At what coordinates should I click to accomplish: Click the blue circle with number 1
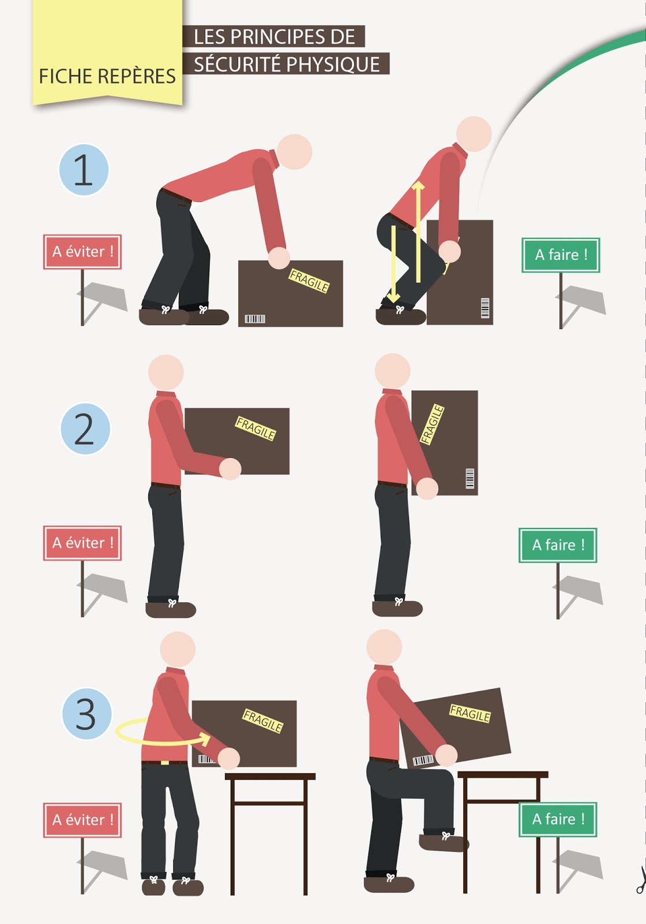[84, 170]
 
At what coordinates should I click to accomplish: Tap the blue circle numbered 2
[85, 429]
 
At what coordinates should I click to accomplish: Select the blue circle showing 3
[87, 713]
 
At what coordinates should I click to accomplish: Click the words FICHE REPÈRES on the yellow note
[107, 76]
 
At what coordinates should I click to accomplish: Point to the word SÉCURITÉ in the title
[237, 64]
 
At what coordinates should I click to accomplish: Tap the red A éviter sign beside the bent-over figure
[82, 252]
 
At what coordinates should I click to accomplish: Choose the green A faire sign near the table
[558, 819]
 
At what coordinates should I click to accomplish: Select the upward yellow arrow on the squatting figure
[418, 232]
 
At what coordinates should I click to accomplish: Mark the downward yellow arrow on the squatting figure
[393, 264]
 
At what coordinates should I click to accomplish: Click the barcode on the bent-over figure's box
[255, 319]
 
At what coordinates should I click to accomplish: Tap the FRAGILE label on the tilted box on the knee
[470, 714]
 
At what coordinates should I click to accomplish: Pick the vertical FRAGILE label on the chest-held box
[432, 424]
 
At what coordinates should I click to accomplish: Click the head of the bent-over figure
[294, 152]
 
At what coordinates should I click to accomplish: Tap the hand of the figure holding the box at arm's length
[230, 469]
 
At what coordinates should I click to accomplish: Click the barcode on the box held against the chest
[470, 478]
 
